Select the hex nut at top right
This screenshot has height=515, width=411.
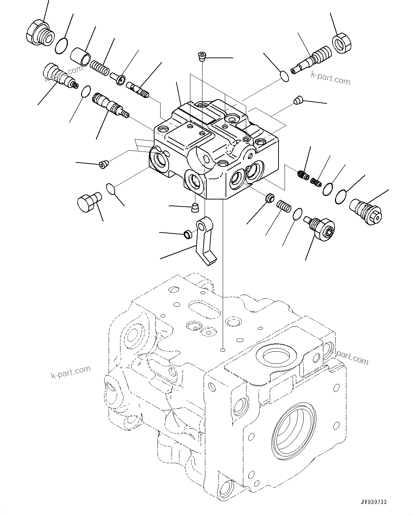[x=342, y=43]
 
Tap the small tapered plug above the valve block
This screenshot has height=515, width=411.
[x=202, y=56]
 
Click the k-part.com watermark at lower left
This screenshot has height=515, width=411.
[x=70, y=372]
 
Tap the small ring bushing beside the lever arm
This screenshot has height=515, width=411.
[x=187, y=234]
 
